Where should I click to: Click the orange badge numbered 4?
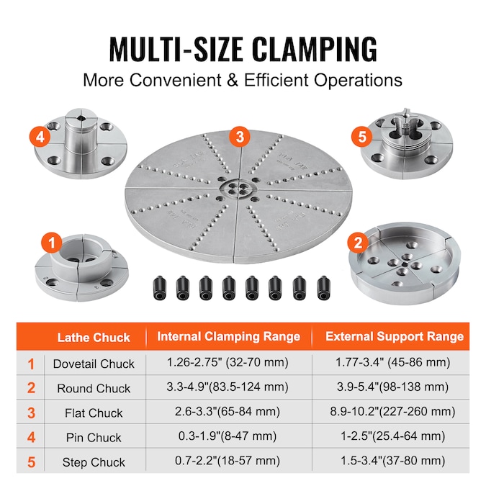coord(40,137)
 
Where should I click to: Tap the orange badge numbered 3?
coord(240,137)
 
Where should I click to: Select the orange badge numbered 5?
coord(362,137)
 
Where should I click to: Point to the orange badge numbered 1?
coord(52,243)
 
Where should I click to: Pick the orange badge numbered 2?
coord(358,243)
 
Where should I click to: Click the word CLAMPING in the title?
coord(315,50)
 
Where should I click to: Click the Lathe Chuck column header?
coord(94,337)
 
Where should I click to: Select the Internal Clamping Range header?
coord(229,337)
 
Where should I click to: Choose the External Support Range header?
coord(395,337)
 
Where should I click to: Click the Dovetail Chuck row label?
coord(94,364)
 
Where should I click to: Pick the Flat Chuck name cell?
coord(94,413)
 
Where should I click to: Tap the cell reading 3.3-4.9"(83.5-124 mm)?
coord(228,387)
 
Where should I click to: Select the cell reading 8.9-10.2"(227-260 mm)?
coord(392,412)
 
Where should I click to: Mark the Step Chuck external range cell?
coord(392,461)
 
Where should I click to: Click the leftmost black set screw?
coord(160,288)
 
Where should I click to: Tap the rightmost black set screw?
coord(324,288)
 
